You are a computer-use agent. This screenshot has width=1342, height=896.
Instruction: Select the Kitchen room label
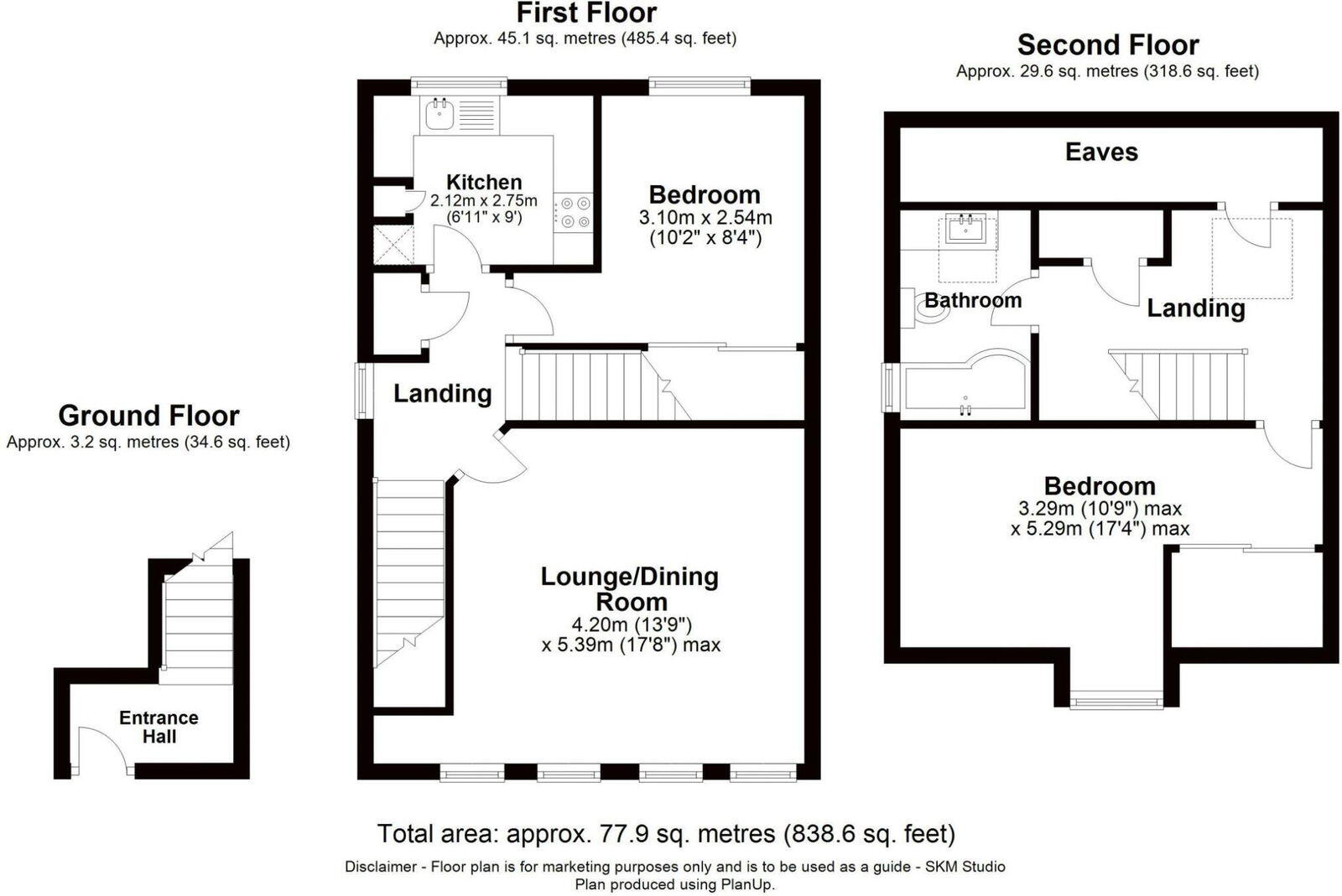tap(484, 182)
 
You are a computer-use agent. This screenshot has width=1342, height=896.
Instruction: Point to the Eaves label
tap(1101, 152)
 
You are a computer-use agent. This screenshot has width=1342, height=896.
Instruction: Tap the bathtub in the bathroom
tap(965, 386)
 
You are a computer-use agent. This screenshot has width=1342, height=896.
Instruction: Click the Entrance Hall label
tap(159, 727)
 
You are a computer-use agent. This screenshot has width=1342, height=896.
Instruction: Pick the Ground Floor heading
tap(148, 416)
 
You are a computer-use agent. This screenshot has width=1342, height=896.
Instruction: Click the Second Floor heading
tap(1107, 44)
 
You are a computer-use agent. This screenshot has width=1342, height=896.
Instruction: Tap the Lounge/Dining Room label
tap(630, 588)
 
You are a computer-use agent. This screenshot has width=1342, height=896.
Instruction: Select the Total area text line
tap(666, 834)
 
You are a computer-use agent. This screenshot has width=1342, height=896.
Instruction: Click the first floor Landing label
tap(442, 393)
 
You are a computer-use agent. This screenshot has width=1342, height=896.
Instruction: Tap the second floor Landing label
tap(1195, 308)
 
